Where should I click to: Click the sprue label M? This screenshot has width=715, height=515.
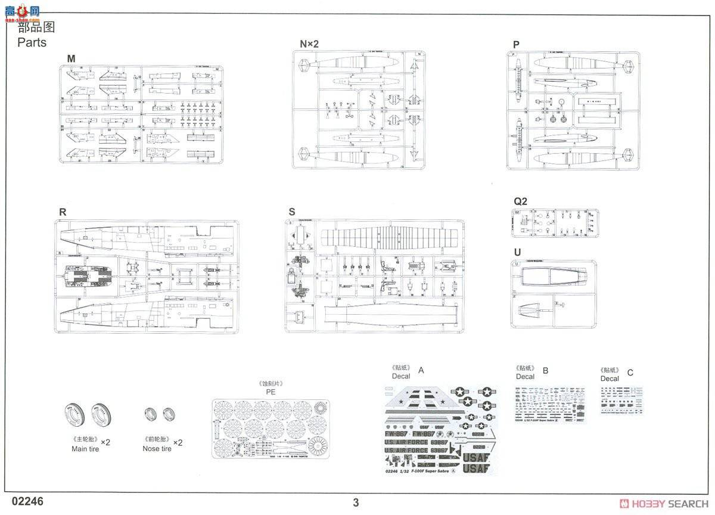71,58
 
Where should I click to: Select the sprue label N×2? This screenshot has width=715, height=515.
309,44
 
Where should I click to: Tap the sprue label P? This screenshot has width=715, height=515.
515,45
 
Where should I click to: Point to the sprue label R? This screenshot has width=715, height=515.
63,212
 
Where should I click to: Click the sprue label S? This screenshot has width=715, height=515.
291,212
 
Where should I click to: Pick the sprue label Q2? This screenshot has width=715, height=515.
520,201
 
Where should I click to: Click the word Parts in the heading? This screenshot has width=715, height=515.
32,42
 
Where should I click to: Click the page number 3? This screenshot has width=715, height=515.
356,502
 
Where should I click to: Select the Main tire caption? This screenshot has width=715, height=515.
85,449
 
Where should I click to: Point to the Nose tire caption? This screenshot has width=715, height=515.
157,449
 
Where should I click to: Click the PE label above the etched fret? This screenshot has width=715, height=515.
271,392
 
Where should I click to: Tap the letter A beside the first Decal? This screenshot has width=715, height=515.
421,370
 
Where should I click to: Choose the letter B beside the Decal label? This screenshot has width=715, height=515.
545,370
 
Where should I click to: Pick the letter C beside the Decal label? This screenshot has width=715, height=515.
630,373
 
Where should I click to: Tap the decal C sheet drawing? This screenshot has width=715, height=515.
621,400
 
